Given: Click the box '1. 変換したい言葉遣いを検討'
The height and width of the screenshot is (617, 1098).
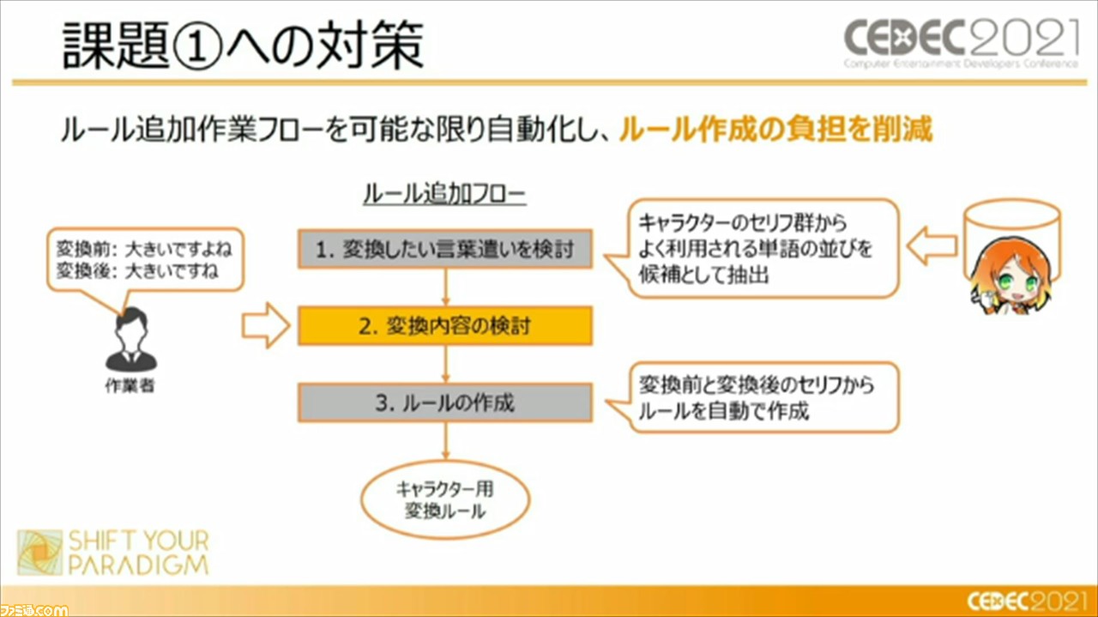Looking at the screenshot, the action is [445, 249].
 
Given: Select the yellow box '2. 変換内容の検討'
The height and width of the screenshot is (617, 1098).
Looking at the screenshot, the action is [445, 326].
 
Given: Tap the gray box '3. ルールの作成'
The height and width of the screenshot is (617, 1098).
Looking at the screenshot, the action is [445, 402].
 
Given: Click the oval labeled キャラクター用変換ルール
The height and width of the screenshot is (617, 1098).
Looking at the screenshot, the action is [445, 499].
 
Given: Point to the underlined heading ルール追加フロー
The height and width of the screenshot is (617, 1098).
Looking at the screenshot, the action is [444, 194].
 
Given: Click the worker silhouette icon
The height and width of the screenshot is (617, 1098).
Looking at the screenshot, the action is [131, 339].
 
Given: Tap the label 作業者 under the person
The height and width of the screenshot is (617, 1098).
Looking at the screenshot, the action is [130, 386].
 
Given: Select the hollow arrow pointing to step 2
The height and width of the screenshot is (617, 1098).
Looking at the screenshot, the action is [266, 325].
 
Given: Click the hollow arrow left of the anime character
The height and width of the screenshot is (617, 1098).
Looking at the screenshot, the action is [932, 245].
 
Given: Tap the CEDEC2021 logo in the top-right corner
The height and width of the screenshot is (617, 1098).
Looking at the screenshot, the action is [961, 43].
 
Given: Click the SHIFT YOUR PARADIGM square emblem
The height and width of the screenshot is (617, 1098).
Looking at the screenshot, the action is [40, 553].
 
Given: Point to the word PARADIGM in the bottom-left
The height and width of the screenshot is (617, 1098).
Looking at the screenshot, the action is [139, 565].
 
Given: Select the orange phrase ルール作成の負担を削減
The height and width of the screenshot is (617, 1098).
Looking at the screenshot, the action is [775, 130].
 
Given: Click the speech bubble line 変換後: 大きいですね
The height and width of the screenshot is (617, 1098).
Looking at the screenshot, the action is [137, 270].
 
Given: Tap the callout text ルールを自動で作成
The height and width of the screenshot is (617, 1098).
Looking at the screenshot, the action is [723, 411].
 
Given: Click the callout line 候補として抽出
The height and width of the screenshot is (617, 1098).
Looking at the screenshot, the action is [704, 275].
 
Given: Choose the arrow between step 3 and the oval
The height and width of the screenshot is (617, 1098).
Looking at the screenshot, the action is [445, 441].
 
